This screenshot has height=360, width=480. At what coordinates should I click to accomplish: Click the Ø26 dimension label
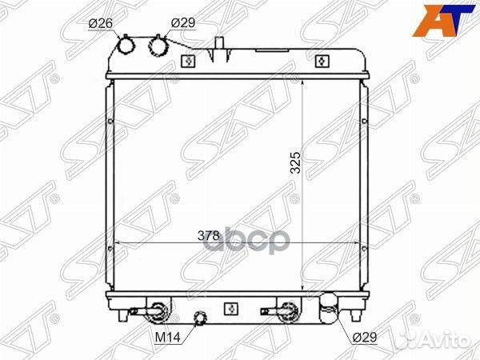(x=101, y=23)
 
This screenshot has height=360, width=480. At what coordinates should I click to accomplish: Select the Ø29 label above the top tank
(x=183, y=22)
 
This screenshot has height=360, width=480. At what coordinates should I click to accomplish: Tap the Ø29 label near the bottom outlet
(x=365, y=338)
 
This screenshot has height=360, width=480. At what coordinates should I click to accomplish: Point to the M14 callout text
(x=168, y=338)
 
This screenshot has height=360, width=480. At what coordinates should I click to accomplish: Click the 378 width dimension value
(x=209, y=235)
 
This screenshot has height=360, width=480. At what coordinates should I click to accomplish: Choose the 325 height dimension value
(x=296, y=162)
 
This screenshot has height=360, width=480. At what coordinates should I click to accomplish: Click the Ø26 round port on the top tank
(x=126, y=46)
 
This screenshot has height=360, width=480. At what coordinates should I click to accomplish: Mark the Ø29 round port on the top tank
(x=158, y=46)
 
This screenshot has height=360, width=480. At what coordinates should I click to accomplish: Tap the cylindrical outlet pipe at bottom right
(x=329, y=309)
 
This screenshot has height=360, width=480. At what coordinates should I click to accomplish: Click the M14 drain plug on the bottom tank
(x=200, y=318)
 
